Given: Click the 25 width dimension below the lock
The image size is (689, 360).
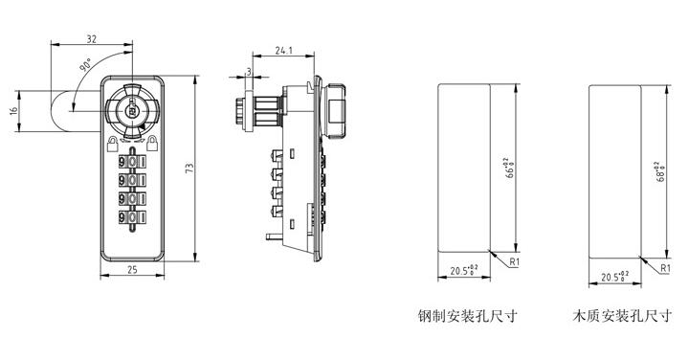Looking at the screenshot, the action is pyautogui.click(x=132, y=271).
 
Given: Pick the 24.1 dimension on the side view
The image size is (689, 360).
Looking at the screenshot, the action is pyautogui.click(x=283, y=50).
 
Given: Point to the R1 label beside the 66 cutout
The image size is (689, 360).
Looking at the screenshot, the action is pyautogui.click(x=514, y=260).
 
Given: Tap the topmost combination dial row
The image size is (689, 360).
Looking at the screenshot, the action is pyautogui.click(x=132, y=158).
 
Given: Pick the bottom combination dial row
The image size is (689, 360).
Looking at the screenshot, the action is pyautogui.click(x=132, y=218).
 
